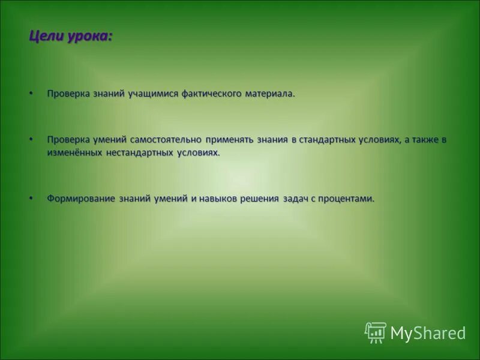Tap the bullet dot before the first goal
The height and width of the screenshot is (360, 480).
31,94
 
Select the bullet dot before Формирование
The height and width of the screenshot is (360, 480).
31,198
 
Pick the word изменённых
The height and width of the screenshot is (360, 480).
74,152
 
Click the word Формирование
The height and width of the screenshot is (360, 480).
81,199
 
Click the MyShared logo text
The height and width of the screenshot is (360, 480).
428,332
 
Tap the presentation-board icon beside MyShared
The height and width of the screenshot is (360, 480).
376,332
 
